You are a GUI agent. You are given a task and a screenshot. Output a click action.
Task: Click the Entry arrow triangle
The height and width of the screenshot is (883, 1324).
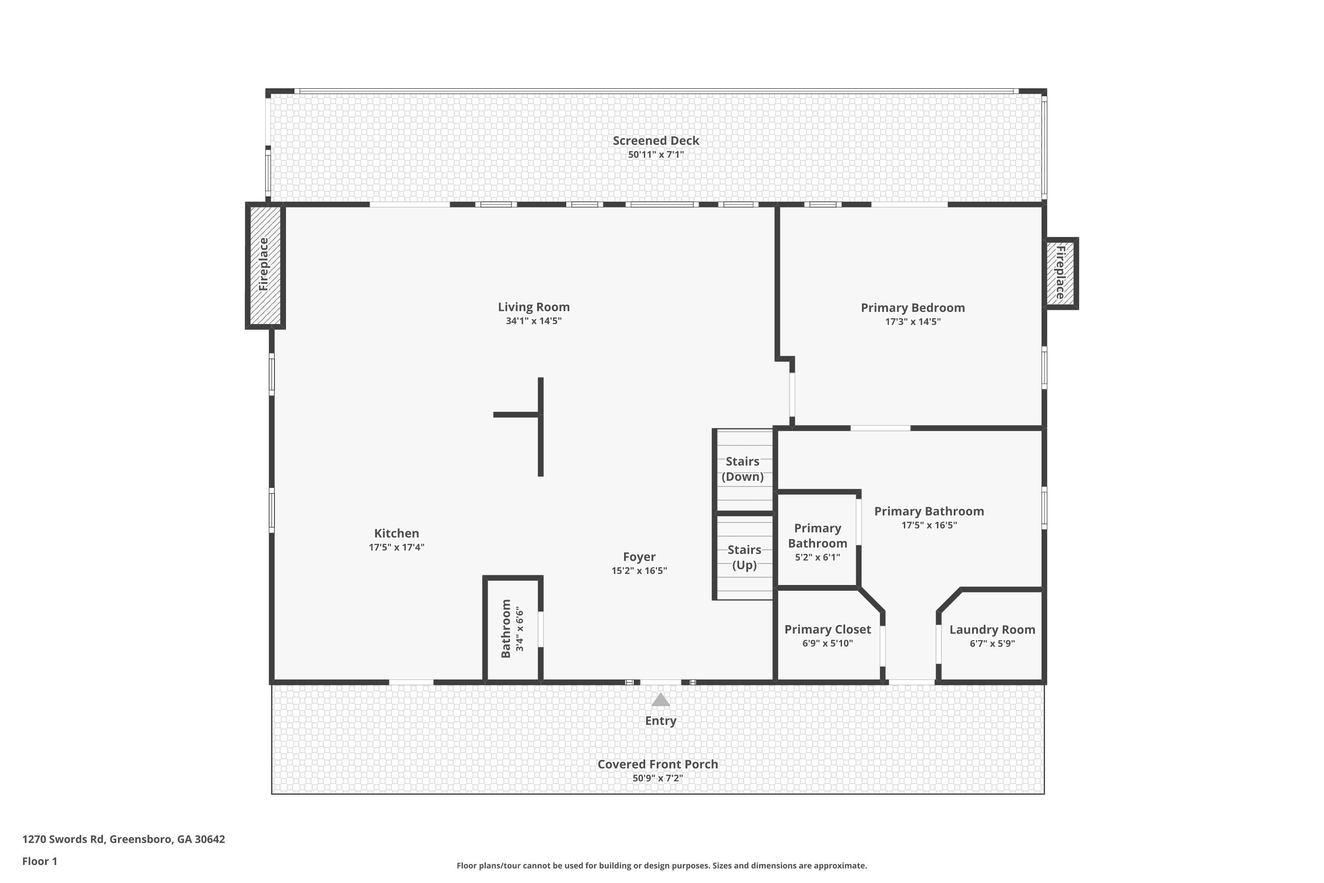coord(660,700)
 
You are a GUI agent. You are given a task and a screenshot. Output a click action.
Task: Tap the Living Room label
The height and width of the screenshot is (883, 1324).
coord(533,307)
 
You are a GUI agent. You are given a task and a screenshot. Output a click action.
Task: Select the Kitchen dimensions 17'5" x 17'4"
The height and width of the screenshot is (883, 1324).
coord(396,547)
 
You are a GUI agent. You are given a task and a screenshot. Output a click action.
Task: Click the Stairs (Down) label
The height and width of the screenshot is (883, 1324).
coord(742,469)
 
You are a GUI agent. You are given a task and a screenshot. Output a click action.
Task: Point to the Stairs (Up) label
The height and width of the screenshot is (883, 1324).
coord(744,557)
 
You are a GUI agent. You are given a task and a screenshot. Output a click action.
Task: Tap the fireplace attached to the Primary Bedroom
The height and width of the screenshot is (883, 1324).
coord(1060,273)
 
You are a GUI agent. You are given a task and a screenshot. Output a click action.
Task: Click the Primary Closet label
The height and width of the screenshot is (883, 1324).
coord(827,629)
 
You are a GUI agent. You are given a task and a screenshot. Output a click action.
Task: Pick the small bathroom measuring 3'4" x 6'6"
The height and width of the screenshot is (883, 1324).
coord(512,628)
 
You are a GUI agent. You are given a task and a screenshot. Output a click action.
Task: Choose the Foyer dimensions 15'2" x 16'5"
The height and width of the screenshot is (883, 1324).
coord(639,570)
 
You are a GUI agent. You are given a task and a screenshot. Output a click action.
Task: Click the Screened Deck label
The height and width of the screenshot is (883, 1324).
coord(656,141)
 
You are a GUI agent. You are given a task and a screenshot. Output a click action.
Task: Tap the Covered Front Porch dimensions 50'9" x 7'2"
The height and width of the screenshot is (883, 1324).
coord(658,778)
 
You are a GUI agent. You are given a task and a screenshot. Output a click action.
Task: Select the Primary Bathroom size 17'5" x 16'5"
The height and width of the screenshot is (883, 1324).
coord(929,525)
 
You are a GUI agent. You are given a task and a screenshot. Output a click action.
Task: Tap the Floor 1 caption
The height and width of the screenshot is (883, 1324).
coord(39,861)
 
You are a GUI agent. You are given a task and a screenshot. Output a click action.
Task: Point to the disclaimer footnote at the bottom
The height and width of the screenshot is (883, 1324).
coord(662,865)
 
